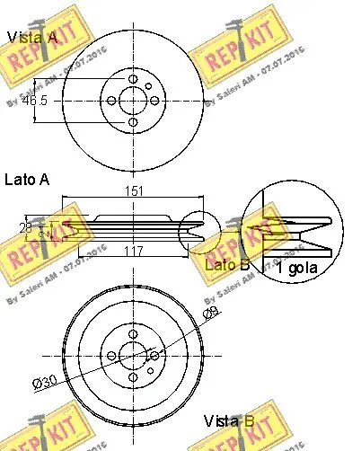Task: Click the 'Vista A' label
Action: (32, 37)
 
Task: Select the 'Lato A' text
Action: (27, 180)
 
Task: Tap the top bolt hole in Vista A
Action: (133, 81)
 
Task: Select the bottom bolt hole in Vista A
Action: (133, 122)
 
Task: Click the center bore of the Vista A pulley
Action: (133, 102)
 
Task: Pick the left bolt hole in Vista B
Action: (111, 355)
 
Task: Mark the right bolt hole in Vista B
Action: (154, 355)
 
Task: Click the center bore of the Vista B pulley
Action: (133, 355)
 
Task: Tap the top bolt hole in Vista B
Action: (133, 334)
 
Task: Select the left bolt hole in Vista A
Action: (112, 102)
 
